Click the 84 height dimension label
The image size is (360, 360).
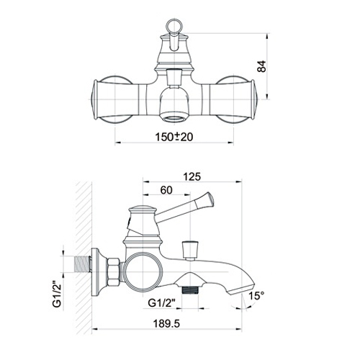coord(261,66)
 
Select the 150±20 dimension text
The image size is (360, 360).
coord(174,137)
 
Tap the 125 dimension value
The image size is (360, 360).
coord(192,177)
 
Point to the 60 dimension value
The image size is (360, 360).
coord(166,190)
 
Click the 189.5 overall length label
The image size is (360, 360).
coord(166,324)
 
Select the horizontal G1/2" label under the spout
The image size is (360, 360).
coord(161,303)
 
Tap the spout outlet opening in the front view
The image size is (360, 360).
coord(174,118)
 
